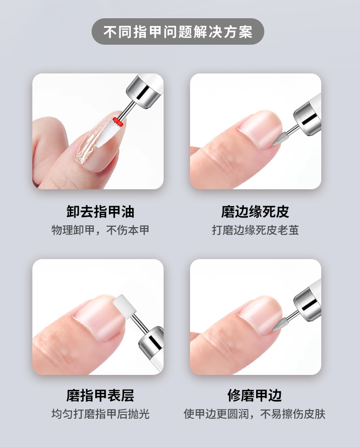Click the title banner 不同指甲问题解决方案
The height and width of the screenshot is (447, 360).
click(x=178, y=31)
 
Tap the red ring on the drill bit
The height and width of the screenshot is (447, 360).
click(x=118, y=122)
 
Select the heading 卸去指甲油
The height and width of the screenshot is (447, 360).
click(x=101, y=212)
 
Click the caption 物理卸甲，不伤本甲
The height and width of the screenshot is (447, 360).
click(x=100, y=230)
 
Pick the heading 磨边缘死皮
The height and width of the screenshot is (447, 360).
click(x=255, y=212)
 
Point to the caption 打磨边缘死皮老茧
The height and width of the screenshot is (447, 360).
click(x=255, y=230)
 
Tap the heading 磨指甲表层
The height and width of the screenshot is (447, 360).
click(x=100, y=395)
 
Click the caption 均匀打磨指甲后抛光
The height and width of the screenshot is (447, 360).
click(x=100, y=414)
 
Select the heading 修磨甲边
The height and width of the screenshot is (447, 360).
click(x=255, y=395)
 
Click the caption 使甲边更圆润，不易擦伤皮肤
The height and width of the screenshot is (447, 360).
click(x=254, y=414)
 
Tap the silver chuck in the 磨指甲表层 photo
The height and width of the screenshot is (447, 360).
click(x=151, y=342)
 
